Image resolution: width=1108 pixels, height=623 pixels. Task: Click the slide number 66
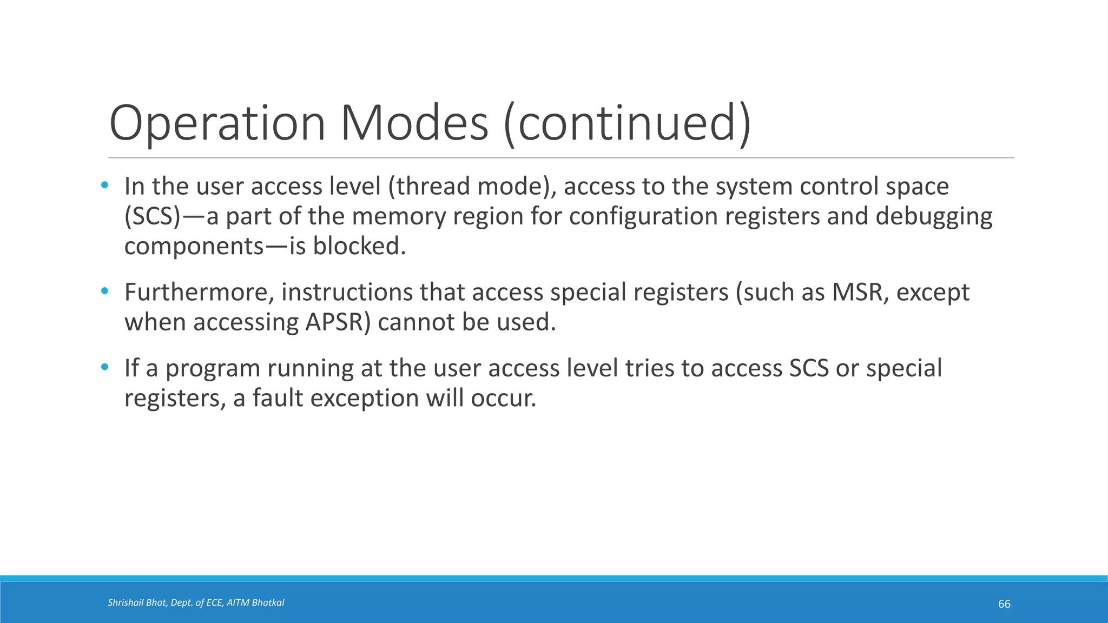coord(1004,604)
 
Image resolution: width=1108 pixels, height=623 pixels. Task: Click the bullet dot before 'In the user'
coord(105,185)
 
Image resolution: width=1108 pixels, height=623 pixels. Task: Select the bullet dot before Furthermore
coord(105,291)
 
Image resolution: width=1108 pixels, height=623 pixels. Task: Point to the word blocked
coord(359,247)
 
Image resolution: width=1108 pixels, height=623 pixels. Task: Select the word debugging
coord(934,216)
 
